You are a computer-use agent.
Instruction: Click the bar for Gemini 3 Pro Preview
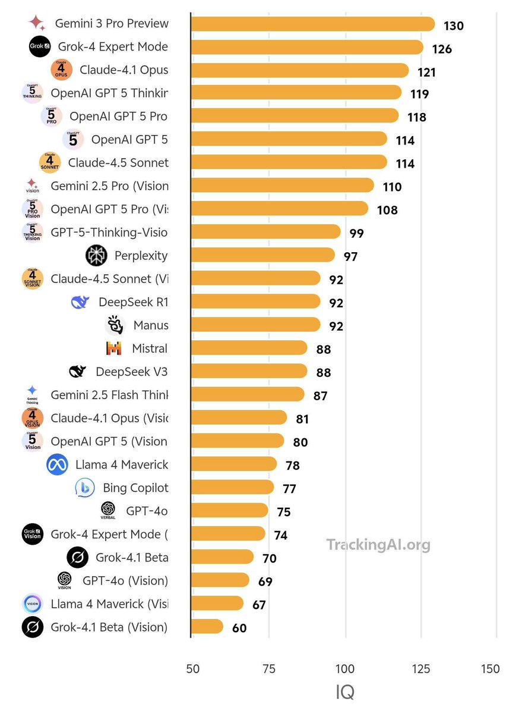(x=312, y=24)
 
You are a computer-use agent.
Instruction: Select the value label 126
(x=442, y=49)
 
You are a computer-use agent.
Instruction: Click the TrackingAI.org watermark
(x=378, y=544)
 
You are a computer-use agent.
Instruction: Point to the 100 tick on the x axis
(x=345, y=669)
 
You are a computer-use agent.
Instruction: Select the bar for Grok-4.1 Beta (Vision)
(x=207, y=627)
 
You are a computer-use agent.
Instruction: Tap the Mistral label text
(x=150, y=348)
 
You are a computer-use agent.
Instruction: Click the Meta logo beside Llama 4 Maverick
(x=57, y=464)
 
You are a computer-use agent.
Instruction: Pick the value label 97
(x=350, y=257)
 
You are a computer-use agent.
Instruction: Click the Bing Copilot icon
(x=85, y=488)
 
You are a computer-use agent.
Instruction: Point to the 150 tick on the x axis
(x=491, y=669)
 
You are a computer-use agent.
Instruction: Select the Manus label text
(x=151, y=325)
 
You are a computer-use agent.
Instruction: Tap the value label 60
(x=239, y=628)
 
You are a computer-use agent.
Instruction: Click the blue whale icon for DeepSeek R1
(x=80, y=302)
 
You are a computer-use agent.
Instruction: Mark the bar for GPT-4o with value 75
(x=229, y=511)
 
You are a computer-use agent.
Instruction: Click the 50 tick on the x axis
(x=193, y=669)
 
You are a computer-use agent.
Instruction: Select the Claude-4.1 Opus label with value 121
(x=124, y=70)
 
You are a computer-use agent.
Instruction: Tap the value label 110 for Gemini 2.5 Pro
(x=392, y=187)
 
